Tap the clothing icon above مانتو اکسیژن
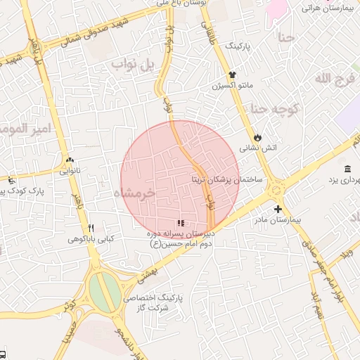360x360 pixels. pyautogui.click(x=232, y=75)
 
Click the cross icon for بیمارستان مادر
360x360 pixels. pyautogui.click(x=278, y=209)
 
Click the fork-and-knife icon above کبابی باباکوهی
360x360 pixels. pyautogui.click(x=91, y=229)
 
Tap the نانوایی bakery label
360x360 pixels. pyautogui.click(x=70, y=170)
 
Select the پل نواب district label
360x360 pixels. pyautogui.click(x=133, y=65)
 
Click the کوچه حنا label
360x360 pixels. pyautogui.click(x=276, y=109)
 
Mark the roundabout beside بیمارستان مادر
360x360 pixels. pyautogui.click(x=275, y=188)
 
